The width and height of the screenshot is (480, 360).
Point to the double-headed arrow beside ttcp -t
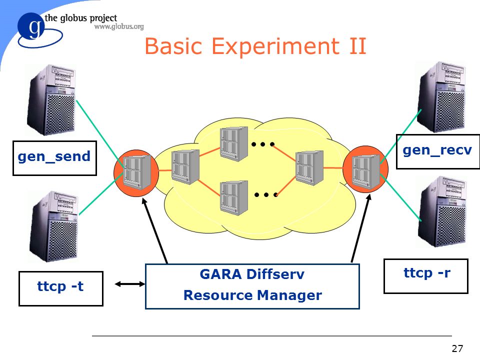point(130,284)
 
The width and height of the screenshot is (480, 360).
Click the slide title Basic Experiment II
point(255,46)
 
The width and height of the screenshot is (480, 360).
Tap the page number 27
point(457,348)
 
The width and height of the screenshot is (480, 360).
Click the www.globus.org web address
point(119,26)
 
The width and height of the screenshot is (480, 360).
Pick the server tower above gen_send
point(51,100)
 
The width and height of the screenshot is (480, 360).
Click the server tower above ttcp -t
point(54,226)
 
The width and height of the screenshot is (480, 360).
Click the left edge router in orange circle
point(136,173)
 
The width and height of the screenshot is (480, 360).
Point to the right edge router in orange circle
point(365,169)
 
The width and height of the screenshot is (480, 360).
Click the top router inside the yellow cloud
point(234,144)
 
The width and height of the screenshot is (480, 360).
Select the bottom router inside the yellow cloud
point(234,198)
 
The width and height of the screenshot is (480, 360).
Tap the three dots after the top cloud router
point(262,144)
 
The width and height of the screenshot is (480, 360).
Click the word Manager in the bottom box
point(289,295)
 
